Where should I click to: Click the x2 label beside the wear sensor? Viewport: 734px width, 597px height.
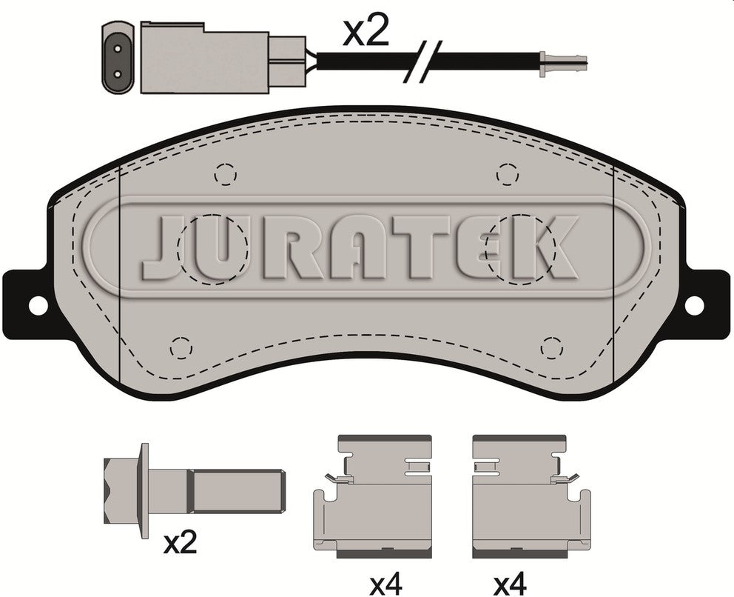pos(366,32)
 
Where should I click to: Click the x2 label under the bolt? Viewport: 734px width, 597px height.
pos(181,543)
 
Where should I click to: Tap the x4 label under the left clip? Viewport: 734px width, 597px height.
pos(385,584)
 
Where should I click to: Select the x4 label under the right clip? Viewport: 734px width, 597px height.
pos(511,584)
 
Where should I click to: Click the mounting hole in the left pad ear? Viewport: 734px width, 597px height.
pos(38,305)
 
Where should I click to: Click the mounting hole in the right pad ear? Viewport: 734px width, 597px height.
pos(694,305)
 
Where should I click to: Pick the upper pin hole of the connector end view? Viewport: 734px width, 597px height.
pos(118,48)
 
